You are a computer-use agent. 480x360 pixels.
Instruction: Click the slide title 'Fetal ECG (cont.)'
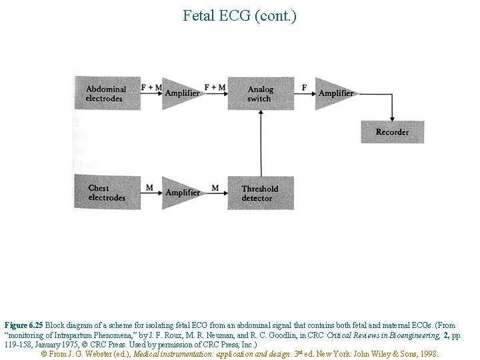pos(239,15)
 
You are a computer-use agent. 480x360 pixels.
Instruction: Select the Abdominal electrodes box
pos(107,93)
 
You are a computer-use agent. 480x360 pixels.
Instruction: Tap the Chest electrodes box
pos(107,193)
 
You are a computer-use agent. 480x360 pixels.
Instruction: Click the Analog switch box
pos(259,93)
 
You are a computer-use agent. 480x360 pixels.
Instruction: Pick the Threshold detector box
pos(259,193)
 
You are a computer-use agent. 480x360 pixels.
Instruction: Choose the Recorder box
pos(392,132)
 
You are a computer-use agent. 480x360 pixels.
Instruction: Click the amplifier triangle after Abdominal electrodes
pos(179,93)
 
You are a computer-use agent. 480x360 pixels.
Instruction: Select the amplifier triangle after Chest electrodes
pos(179,193)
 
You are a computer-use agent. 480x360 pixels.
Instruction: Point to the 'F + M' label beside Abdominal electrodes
pos(151,87)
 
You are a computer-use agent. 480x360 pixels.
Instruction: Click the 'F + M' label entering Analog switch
pos(215,87)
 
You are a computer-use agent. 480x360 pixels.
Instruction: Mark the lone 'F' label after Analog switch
pos(305,87)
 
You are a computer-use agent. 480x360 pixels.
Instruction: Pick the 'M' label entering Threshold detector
pos(215,188)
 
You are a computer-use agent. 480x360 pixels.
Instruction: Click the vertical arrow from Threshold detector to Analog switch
pos(259,143)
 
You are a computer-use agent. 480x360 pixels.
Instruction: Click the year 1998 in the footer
pos(427,353)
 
